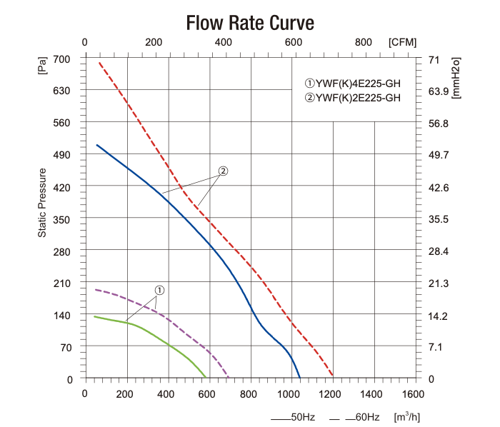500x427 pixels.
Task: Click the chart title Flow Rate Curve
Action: [249, 23]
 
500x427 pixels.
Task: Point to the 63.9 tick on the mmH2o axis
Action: [437, 91]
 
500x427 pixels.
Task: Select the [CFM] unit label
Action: [403, 42]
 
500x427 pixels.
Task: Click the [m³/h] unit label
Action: [408, 416]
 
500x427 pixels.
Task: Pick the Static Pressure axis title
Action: [42, 203]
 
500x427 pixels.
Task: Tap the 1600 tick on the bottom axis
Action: [413, 394]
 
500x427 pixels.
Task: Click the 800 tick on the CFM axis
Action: [363, 42]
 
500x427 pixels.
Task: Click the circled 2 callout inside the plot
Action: [223, 171]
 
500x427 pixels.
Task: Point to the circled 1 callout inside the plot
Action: [159, 291]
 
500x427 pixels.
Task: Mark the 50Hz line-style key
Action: [293, 416]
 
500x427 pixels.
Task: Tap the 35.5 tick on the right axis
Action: [437, 219]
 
